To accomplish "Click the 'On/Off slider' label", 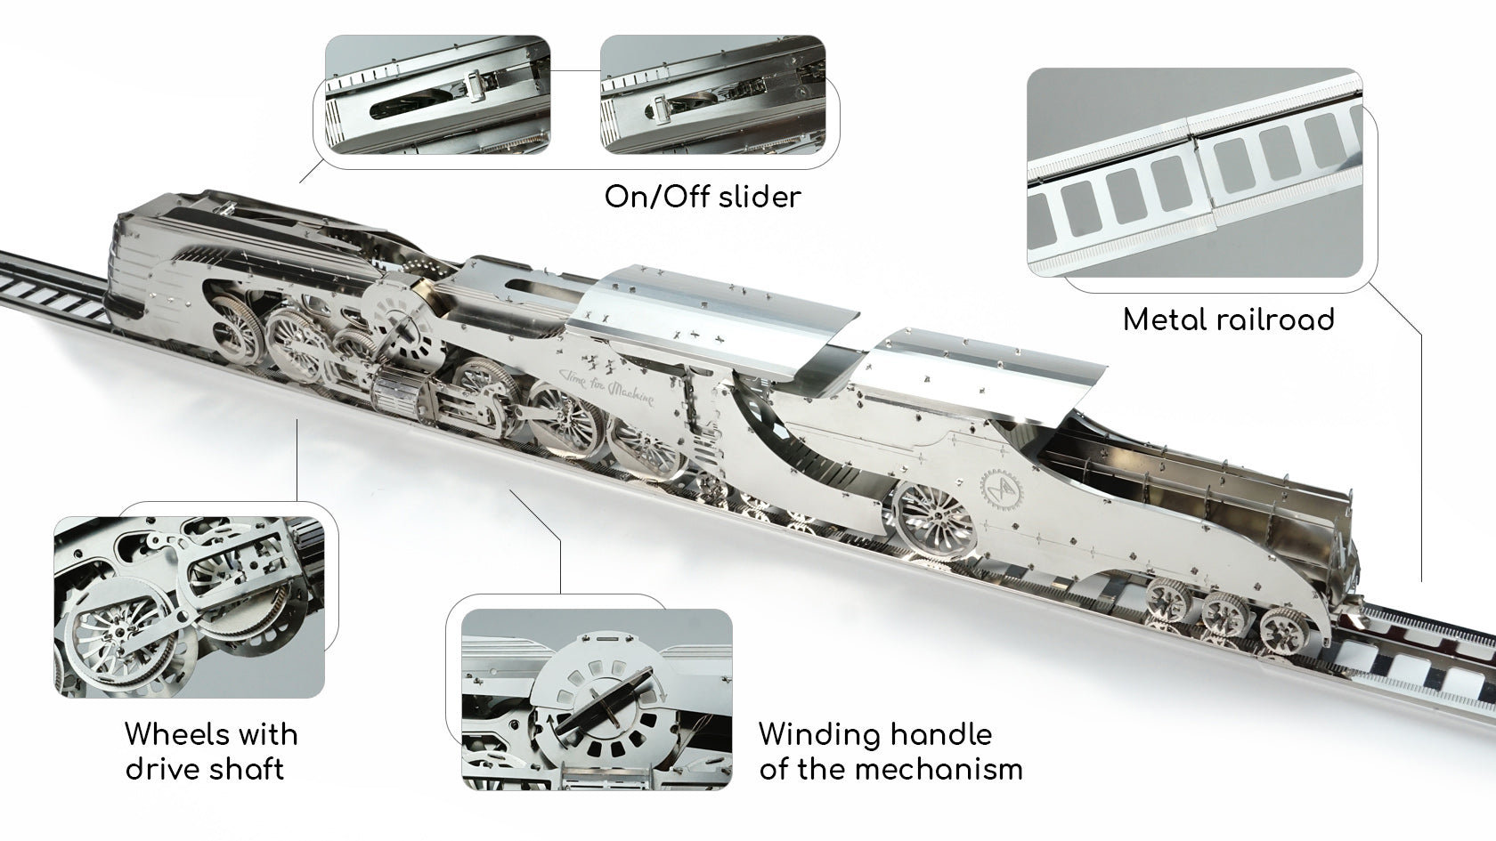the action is click(703, 197).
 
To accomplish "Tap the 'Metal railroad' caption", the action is click(1228, 319).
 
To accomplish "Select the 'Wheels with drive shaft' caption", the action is click(211, 751).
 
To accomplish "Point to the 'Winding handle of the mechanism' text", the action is click(890, 751).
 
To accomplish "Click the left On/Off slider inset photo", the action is click(437, 94).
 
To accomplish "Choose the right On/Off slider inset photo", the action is click(712, 94).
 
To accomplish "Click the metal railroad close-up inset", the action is click(1195, 173).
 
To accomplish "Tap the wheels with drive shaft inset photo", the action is click(189, 607).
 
